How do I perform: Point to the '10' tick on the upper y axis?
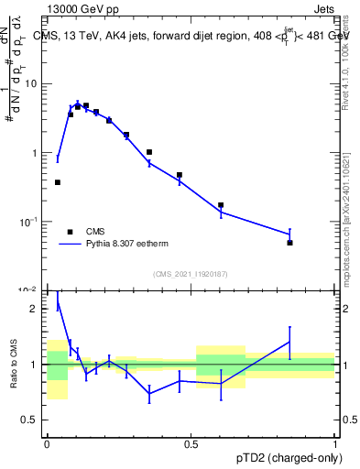point(33,84)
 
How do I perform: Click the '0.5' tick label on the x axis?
point(191,444)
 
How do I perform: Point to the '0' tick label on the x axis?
point(47,444)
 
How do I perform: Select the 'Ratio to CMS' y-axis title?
point(14,365)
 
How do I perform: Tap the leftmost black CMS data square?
point(58,182)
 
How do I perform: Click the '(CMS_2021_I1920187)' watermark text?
point(191,274)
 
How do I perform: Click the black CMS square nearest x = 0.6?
point(221,205)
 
